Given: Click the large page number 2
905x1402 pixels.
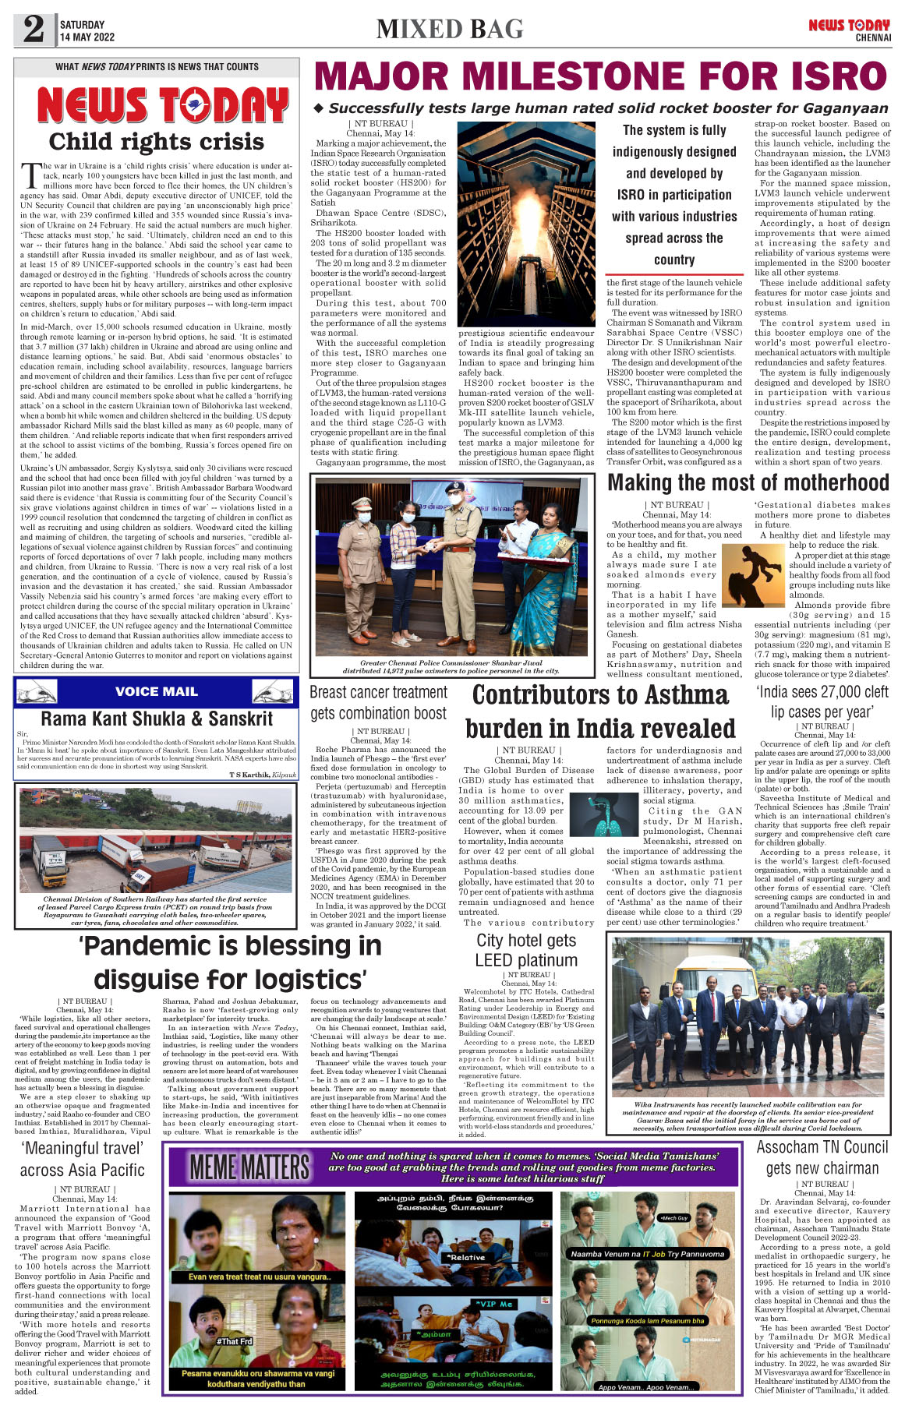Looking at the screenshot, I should coord(34,30).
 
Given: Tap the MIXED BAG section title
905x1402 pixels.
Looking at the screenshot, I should coord(450,30).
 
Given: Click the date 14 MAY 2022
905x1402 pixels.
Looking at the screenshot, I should coord(87,37).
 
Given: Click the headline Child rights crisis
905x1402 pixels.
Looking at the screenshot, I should coord(157,142).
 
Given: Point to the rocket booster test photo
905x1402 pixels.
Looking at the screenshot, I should coord(527,224).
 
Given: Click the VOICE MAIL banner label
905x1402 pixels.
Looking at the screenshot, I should coord(156,691).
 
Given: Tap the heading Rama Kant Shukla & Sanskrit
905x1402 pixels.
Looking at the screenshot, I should coord(157,719).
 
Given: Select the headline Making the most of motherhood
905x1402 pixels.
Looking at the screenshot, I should coord(748,483).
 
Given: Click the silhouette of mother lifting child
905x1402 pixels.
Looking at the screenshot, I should coord(753,576).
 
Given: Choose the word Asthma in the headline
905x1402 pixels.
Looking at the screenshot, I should coord(677,694).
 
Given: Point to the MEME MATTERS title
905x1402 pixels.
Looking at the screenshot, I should coord(250,1167).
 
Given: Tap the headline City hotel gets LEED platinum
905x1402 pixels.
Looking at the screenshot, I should coord(527,950).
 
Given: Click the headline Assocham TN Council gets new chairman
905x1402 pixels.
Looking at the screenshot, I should coord(822,1157).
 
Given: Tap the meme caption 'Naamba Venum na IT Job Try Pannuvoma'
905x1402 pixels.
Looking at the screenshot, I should coord(647,1254).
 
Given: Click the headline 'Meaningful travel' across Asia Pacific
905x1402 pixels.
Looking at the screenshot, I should coord(83,1159).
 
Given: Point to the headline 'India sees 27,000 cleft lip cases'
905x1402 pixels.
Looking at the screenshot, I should coord(822,701).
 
